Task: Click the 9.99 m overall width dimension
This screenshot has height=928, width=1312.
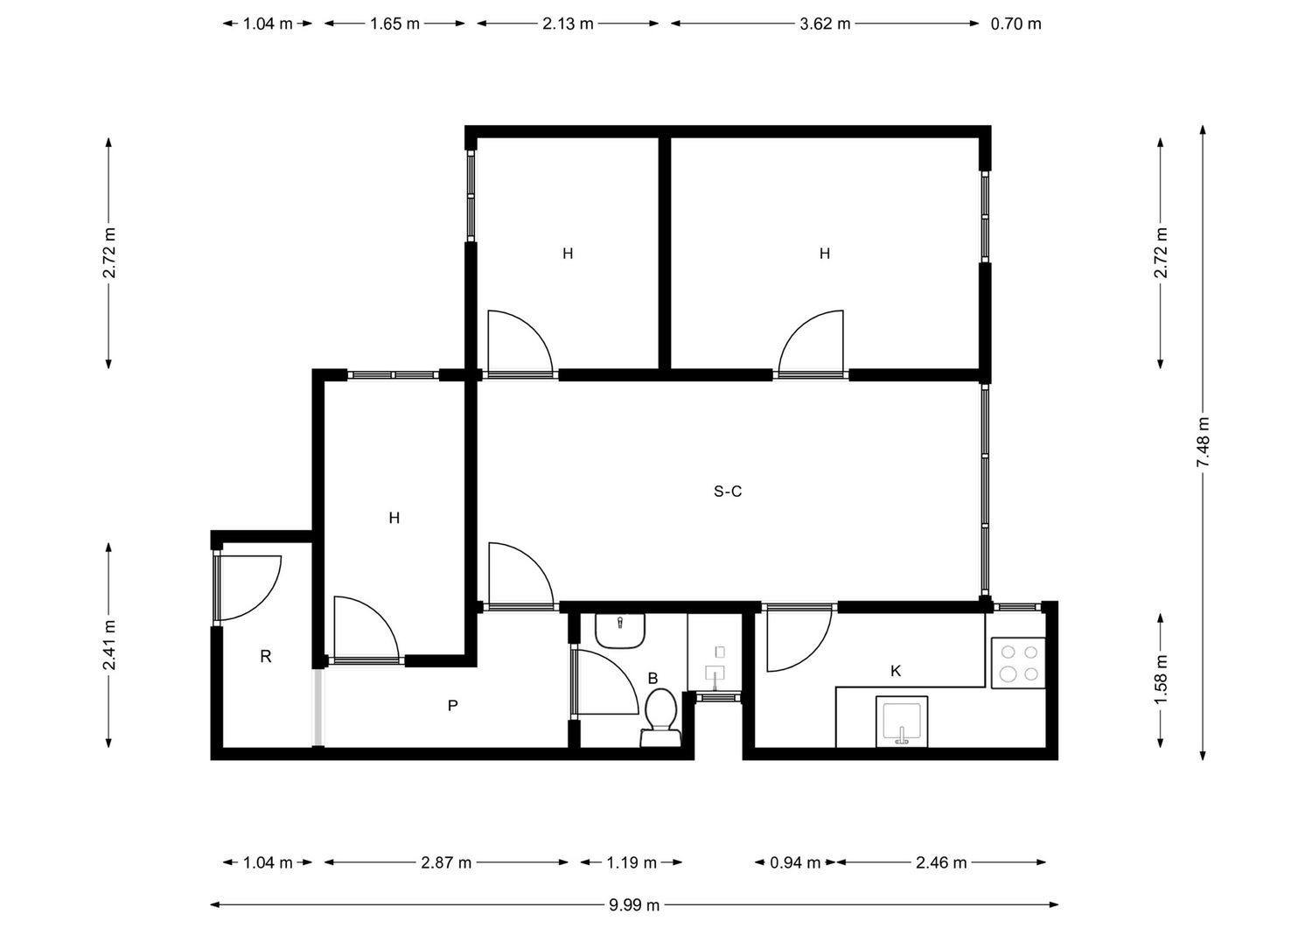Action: tap(634, 905)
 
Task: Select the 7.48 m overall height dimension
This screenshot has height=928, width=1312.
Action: tap(1203, 443)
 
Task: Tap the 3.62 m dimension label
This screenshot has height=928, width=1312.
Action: tap(825, 24)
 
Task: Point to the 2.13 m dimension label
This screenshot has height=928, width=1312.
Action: tap(568, 24)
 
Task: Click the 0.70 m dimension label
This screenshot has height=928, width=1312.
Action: tap(1015, 24)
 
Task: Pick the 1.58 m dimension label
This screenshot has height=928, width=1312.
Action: tap(1161, 680)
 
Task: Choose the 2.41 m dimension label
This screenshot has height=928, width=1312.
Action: tap(109, 645)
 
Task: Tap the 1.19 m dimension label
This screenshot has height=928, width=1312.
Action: tap(632, 862)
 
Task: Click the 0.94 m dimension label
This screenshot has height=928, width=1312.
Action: tap(795, 862)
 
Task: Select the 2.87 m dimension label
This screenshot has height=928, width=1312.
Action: tap(446, 862)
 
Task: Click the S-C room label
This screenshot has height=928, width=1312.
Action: tap(728, 492)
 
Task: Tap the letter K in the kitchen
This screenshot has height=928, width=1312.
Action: tap(895, 671)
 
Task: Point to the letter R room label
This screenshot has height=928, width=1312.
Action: tap(265, 657)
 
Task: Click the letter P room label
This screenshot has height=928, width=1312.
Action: tap(452, 705)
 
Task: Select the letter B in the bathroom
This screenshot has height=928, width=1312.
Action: tap(653, 678)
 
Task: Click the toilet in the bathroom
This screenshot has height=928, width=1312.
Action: tap(660, 718)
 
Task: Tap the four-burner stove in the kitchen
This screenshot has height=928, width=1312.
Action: tap(1018, 663)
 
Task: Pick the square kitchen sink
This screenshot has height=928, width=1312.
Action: tap(902, 722)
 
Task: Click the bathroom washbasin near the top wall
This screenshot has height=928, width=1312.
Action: tap(619, 631)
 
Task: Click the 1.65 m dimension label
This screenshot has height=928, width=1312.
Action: tap(394, 24)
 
